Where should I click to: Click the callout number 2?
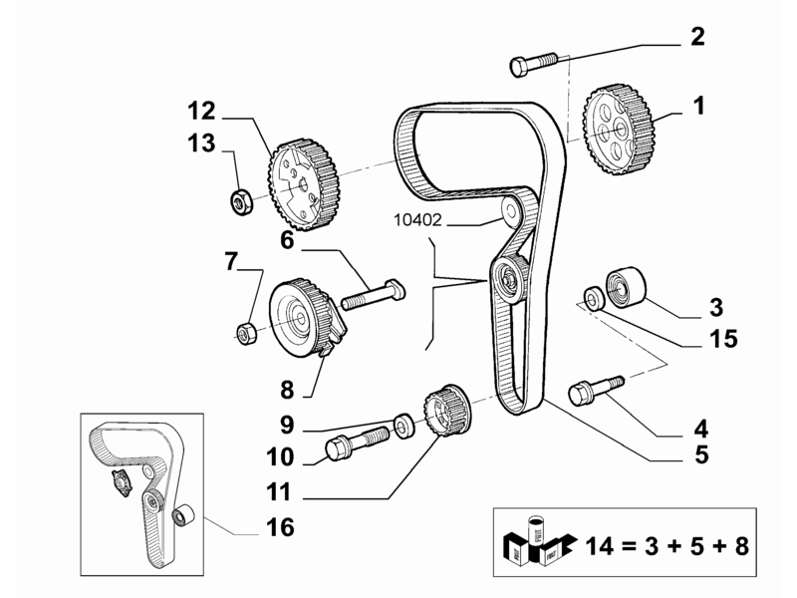[697, 37]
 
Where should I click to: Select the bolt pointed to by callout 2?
[533, 65]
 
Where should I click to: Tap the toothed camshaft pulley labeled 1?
[619, 130]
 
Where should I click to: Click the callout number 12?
[201, 111]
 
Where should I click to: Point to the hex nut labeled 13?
[240, 201]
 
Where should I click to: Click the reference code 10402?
[417, 220]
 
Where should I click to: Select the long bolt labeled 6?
[373, 294]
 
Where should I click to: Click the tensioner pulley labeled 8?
[307, 318]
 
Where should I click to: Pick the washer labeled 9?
[404, 426]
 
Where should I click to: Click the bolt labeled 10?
[357, 443]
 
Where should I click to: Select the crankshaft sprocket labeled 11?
[447, 411]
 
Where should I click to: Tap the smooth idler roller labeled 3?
[627, 287]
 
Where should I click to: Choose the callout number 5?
[701, 454]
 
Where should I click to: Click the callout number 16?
[280, 527]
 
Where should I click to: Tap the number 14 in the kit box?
[601, 546]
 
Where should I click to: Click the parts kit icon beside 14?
[539, 540]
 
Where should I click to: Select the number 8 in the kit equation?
[741, 546]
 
